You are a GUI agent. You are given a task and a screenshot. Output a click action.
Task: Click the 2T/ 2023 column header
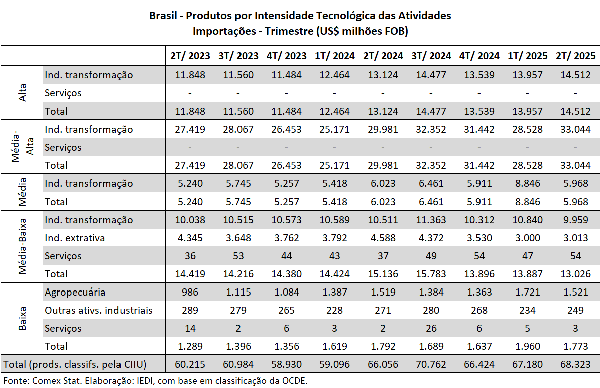[x=190, y=56]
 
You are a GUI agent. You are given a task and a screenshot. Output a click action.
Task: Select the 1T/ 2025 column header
[x=527, y=56]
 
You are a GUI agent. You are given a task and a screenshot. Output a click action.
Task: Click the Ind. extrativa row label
[x=75, y=238]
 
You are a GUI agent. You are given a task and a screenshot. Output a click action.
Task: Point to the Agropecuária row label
[x=75, y=292]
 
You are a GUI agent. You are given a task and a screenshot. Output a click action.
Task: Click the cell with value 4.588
[x=383, y=238]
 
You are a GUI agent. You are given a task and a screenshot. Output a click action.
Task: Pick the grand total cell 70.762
[x=431, y=364]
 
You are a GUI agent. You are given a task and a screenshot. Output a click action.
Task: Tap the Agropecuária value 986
[x=190, y=292]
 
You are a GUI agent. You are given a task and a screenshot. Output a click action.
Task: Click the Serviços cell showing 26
[x=431, y=328]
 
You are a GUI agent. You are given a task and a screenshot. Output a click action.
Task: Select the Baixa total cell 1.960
[x=527, y=346]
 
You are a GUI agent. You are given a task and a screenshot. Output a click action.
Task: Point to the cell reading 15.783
[x=431, y=274]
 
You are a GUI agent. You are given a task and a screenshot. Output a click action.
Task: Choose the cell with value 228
[x=334, y=310]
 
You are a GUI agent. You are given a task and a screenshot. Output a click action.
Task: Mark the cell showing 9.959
[x=575, y=220]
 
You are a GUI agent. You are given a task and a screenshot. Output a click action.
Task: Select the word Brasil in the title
[x=163, y=16]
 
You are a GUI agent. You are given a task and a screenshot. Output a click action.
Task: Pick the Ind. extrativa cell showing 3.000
[x=527, y=238]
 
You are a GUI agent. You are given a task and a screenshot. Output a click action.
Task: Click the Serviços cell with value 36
[x=190, y=256]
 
